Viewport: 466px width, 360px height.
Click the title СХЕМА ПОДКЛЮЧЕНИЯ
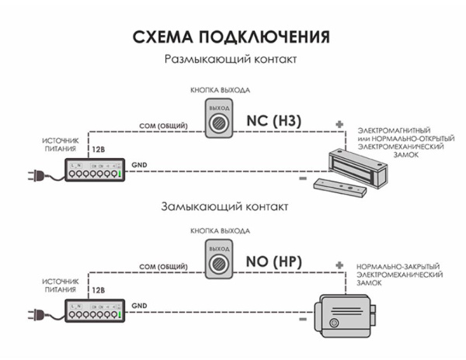click(x=232, y=36)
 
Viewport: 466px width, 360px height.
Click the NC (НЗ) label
click(x=273, y=121)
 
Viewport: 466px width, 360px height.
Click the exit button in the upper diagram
click(x=220, y=119)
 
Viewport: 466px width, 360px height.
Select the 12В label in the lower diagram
click(x=99, y=289)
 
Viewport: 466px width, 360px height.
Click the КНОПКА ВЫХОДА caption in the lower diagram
click(x=221, y=231)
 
